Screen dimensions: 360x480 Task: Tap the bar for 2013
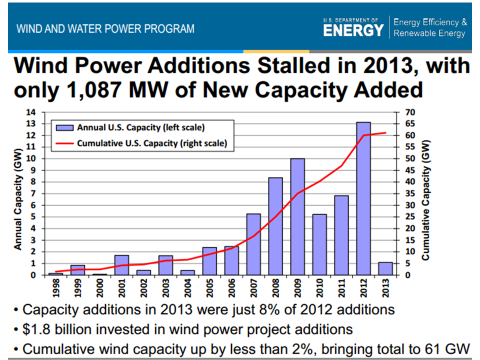[385, 268]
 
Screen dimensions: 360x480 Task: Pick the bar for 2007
[253, 244]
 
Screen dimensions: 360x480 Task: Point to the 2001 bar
[121, 265]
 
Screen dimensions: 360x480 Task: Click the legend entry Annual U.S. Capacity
[140, 127]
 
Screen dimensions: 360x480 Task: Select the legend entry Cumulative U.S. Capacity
[151, 143]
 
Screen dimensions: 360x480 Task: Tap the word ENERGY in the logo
[353, 30]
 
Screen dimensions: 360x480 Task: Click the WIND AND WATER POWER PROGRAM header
[105, 28]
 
